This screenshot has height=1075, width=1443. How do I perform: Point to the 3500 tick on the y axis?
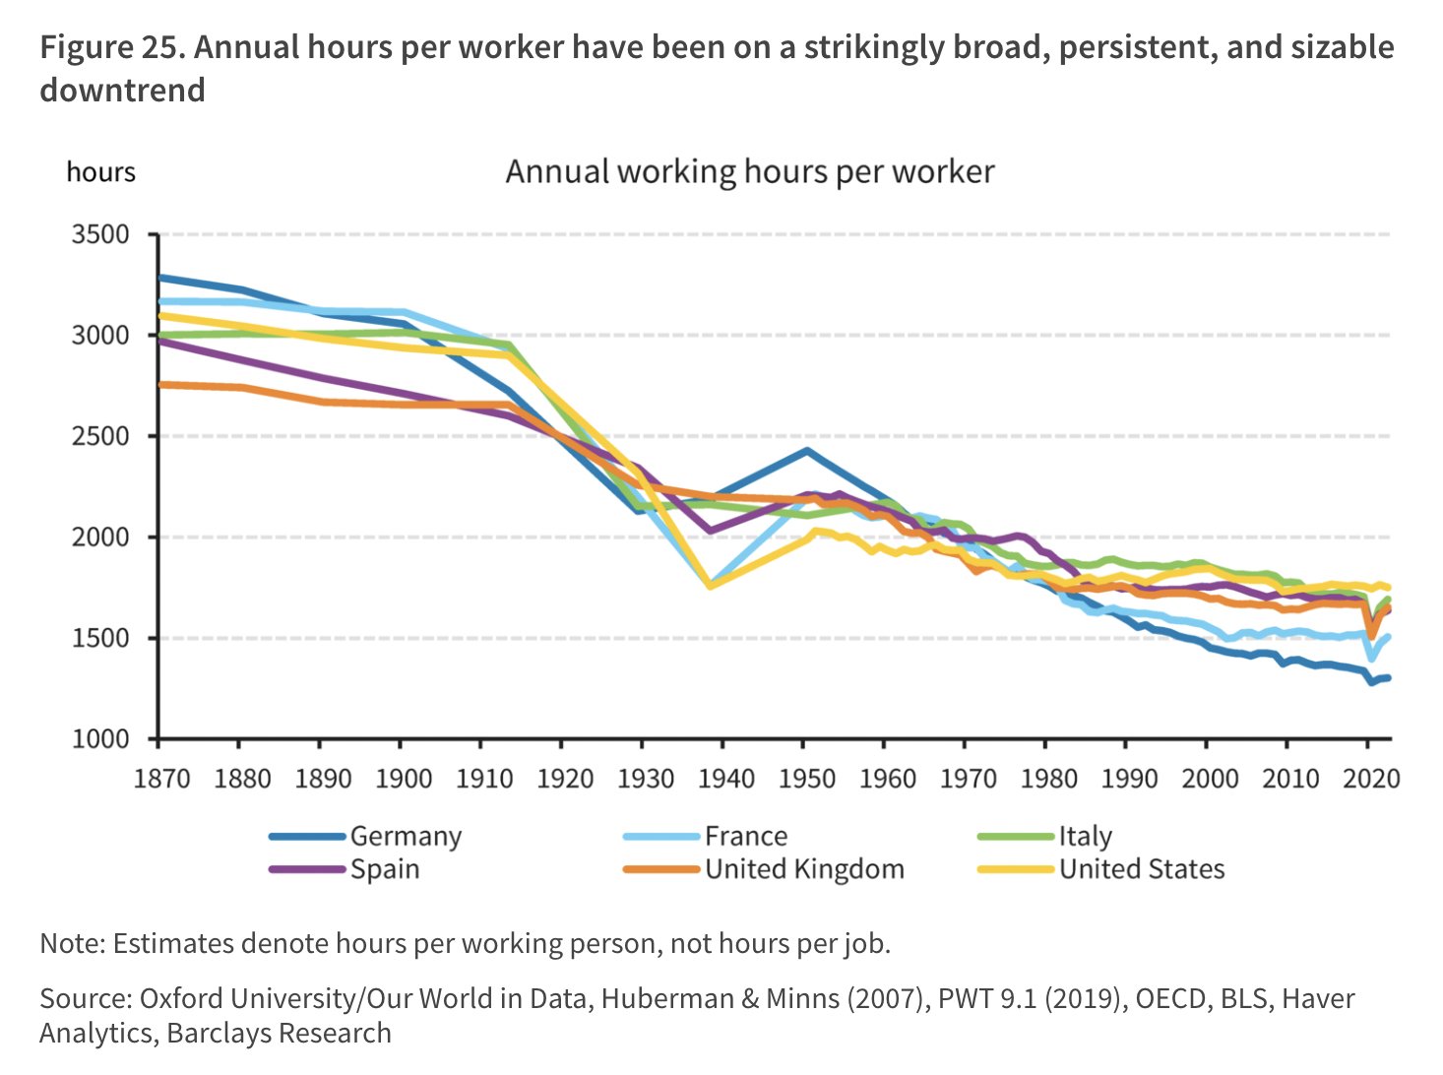[x=100, y=235]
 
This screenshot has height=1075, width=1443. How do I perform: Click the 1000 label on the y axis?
[x=100, y=739]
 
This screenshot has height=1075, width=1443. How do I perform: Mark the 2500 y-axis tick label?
[x=100, y=436]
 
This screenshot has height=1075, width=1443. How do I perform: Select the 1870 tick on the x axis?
[x=161, y=779]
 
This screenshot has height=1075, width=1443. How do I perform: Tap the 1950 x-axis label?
[x=806, y=779]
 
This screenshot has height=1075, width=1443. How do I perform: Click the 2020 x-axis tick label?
[x=1370, y=779]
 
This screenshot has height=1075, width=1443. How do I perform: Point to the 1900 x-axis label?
[x=404, y=779]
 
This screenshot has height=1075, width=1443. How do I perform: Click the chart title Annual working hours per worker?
[x=749, y=172]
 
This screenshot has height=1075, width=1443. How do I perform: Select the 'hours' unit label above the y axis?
[x=100, y=172]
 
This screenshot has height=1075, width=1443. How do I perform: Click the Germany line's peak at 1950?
[x=807, y=451]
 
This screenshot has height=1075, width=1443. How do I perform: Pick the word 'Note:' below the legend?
[x=73, y=943]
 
